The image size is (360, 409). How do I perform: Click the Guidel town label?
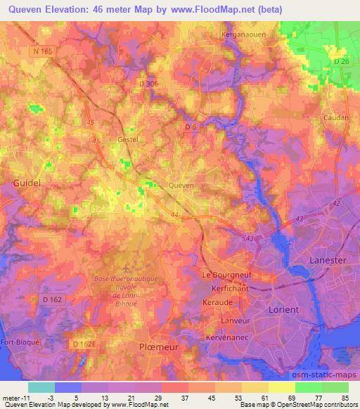pyautogui.click(x=27, y=182)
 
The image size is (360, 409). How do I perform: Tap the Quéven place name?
pyautogui.click(x=181, y=185)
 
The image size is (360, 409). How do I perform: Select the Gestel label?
pyautogui.click(x=127, y=139)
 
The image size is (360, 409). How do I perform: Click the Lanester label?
pyautogui.click(x=328, y=260)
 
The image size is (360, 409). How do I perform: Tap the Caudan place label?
pyautogui.click(x=334, y=118)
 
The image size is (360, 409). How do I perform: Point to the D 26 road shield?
pyautogui.click(x=342, y=62)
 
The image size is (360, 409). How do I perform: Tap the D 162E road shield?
pyautogui.click(x=86, y=343)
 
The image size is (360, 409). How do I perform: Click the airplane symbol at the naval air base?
pyautogui.click(x=126, y=268)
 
